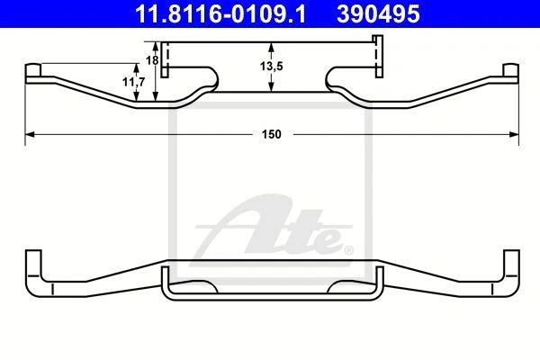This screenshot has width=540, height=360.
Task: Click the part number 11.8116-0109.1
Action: click(220, 14)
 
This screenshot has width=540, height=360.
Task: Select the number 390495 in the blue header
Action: click(379, 14)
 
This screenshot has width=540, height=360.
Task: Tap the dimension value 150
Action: click(272, 134)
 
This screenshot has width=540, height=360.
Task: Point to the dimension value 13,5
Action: click(272, 66)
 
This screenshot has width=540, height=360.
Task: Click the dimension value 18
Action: click(152, 60)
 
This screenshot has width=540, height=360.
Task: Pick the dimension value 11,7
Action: click(133, 82)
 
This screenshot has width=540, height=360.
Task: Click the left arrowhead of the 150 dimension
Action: click(30, 134)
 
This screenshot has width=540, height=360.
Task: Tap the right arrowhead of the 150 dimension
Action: click(514, 134)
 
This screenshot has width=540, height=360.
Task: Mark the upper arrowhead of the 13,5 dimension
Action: click(272, 47)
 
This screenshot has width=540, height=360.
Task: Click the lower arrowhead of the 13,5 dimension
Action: click(272, 87)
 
